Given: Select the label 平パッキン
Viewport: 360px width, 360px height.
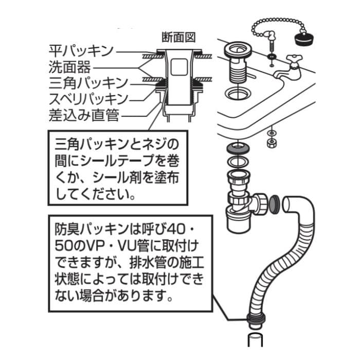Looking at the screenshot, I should click(x=79, y=51).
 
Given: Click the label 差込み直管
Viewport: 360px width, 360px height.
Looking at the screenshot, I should click(x=84, y=115).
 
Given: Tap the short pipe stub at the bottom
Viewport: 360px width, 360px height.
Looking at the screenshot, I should click(x=256, y=344).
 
